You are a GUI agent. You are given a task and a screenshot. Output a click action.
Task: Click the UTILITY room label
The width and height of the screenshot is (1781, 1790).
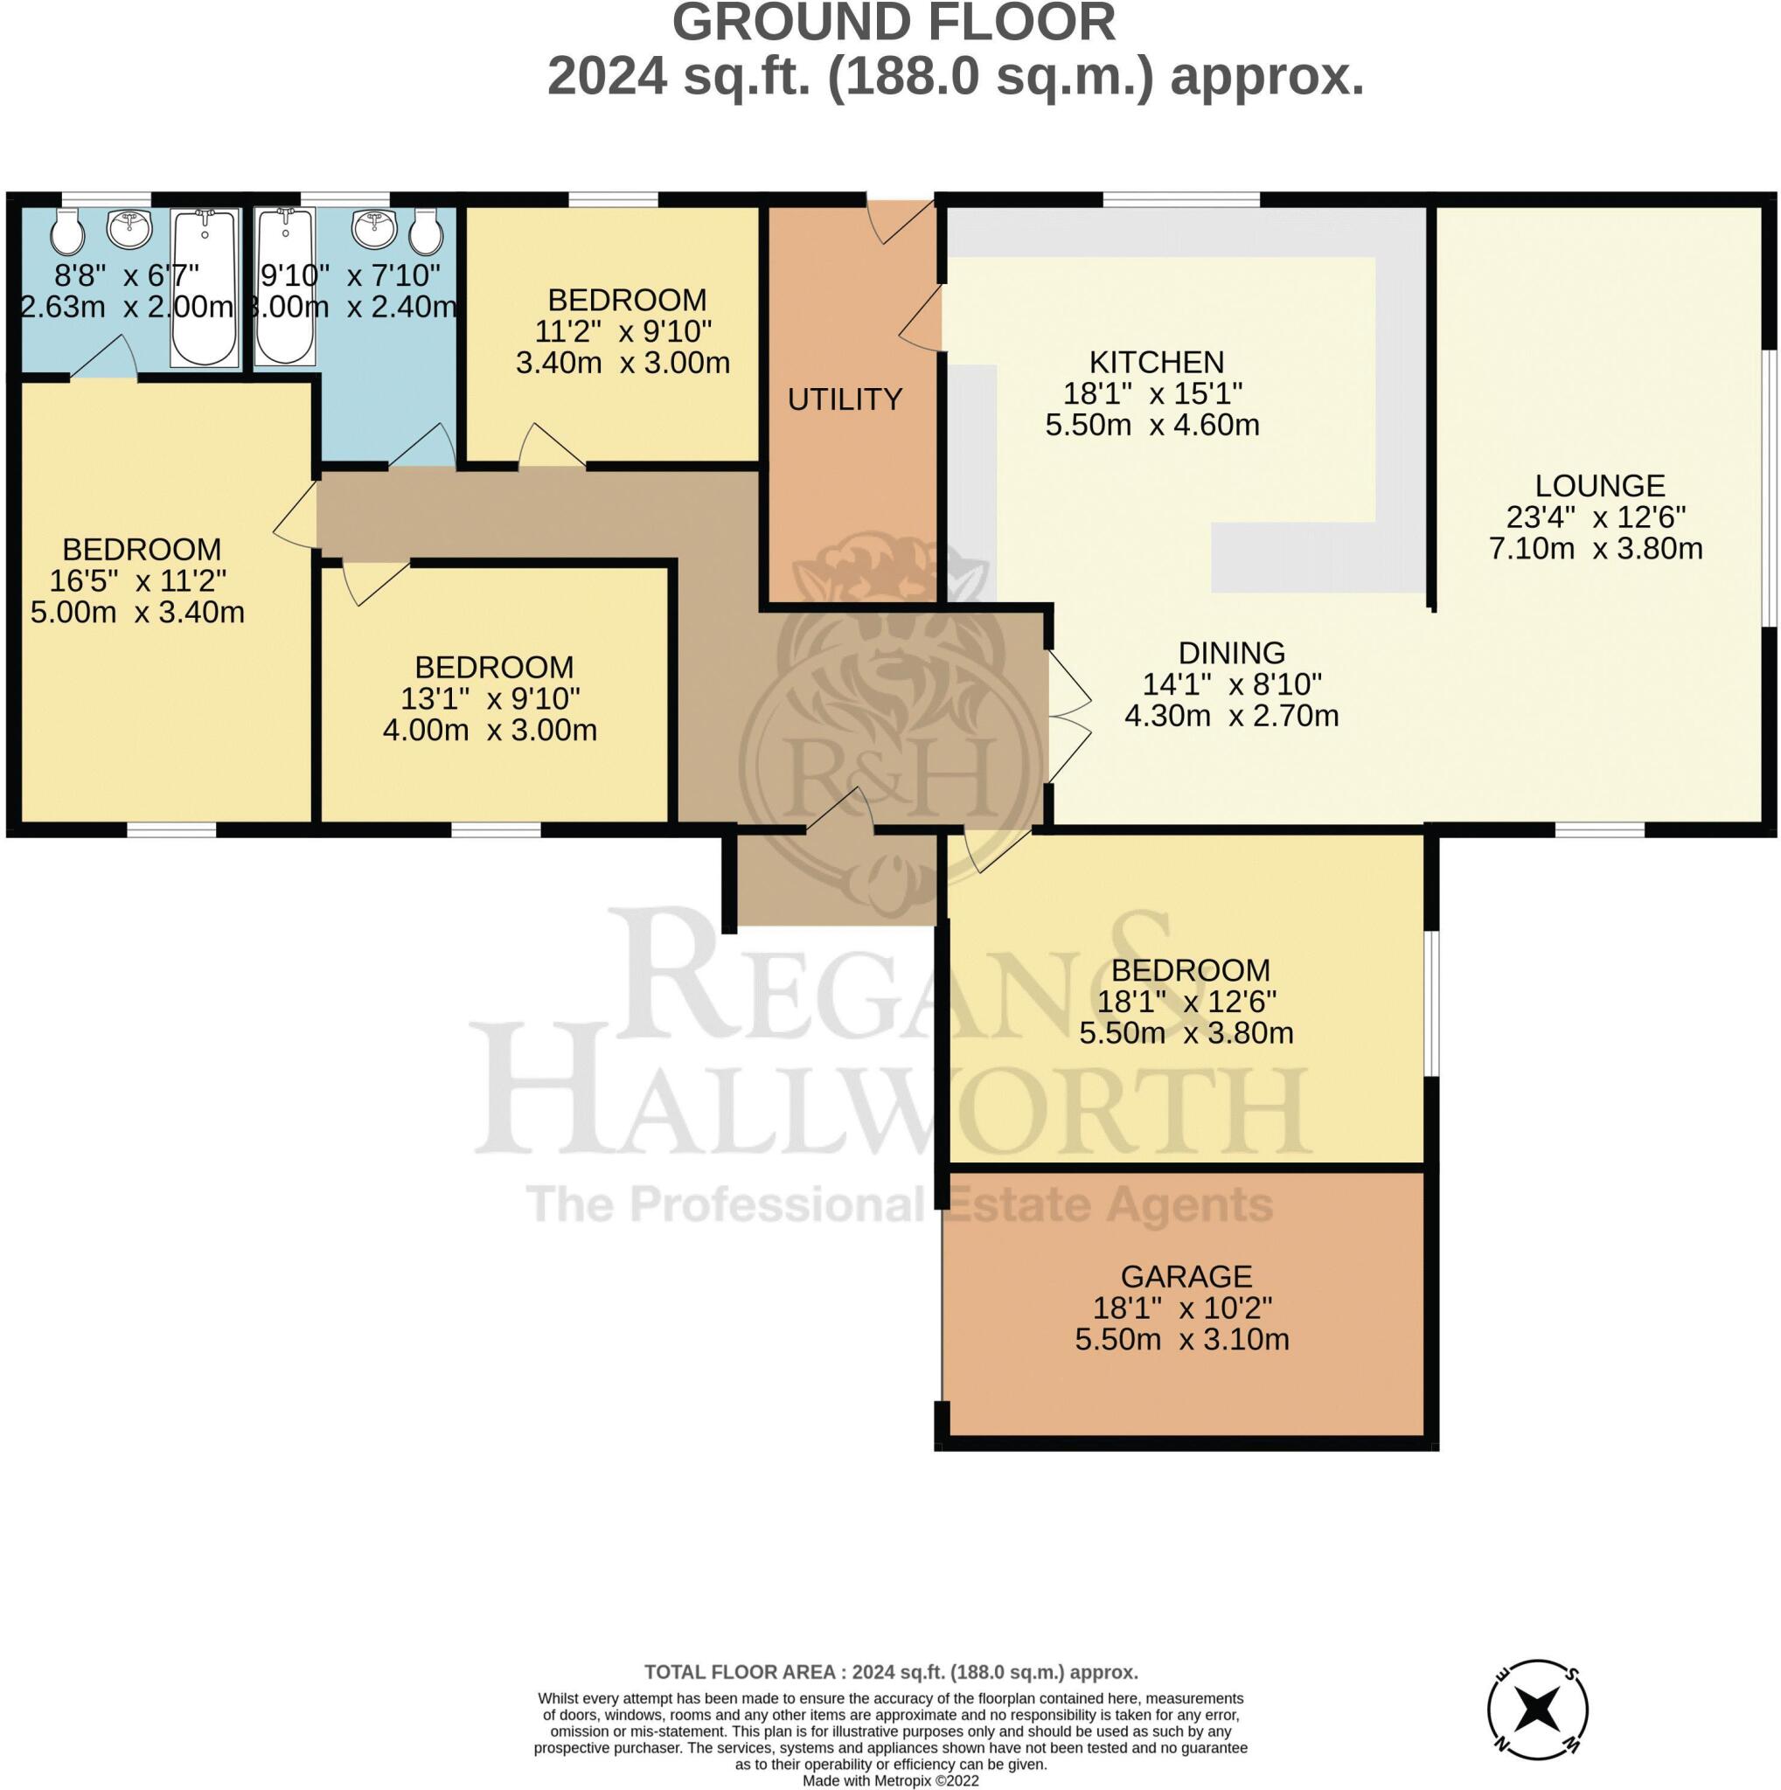(845, 399)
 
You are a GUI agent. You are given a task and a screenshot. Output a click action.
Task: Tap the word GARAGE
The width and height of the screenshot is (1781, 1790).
(1186, 1277)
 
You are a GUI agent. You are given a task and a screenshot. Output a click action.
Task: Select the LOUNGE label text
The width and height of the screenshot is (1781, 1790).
(1599, 485)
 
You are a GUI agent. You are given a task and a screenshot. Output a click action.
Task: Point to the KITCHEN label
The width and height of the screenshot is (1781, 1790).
(1156, 361)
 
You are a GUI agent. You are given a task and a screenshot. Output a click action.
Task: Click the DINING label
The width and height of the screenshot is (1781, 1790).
(1232, 653)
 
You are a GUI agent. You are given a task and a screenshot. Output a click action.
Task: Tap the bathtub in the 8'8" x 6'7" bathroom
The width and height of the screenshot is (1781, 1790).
(204, 288)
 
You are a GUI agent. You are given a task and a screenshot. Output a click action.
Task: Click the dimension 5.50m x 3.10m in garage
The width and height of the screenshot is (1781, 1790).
(1181, 1340)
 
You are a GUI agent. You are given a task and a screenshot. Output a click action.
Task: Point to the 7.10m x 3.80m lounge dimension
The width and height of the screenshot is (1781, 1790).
(1596, 549)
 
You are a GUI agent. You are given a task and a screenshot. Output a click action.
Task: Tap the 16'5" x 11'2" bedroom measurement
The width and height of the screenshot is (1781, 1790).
(138, 581)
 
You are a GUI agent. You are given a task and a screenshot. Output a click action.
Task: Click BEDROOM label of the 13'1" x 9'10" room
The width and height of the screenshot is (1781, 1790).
(494, 667)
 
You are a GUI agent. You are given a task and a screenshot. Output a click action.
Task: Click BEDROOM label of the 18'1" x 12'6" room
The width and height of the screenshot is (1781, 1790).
(1190, 970)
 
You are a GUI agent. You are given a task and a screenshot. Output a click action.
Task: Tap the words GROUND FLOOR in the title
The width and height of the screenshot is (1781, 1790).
(894, 24)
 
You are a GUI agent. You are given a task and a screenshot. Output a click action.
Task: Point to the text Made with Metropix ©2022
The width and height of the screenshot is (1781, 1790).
(889, 1780)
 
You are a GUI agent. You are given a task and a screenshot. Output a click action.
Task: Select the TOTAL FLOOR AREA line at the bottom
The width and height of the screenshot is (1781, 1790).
(890, 1672)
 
